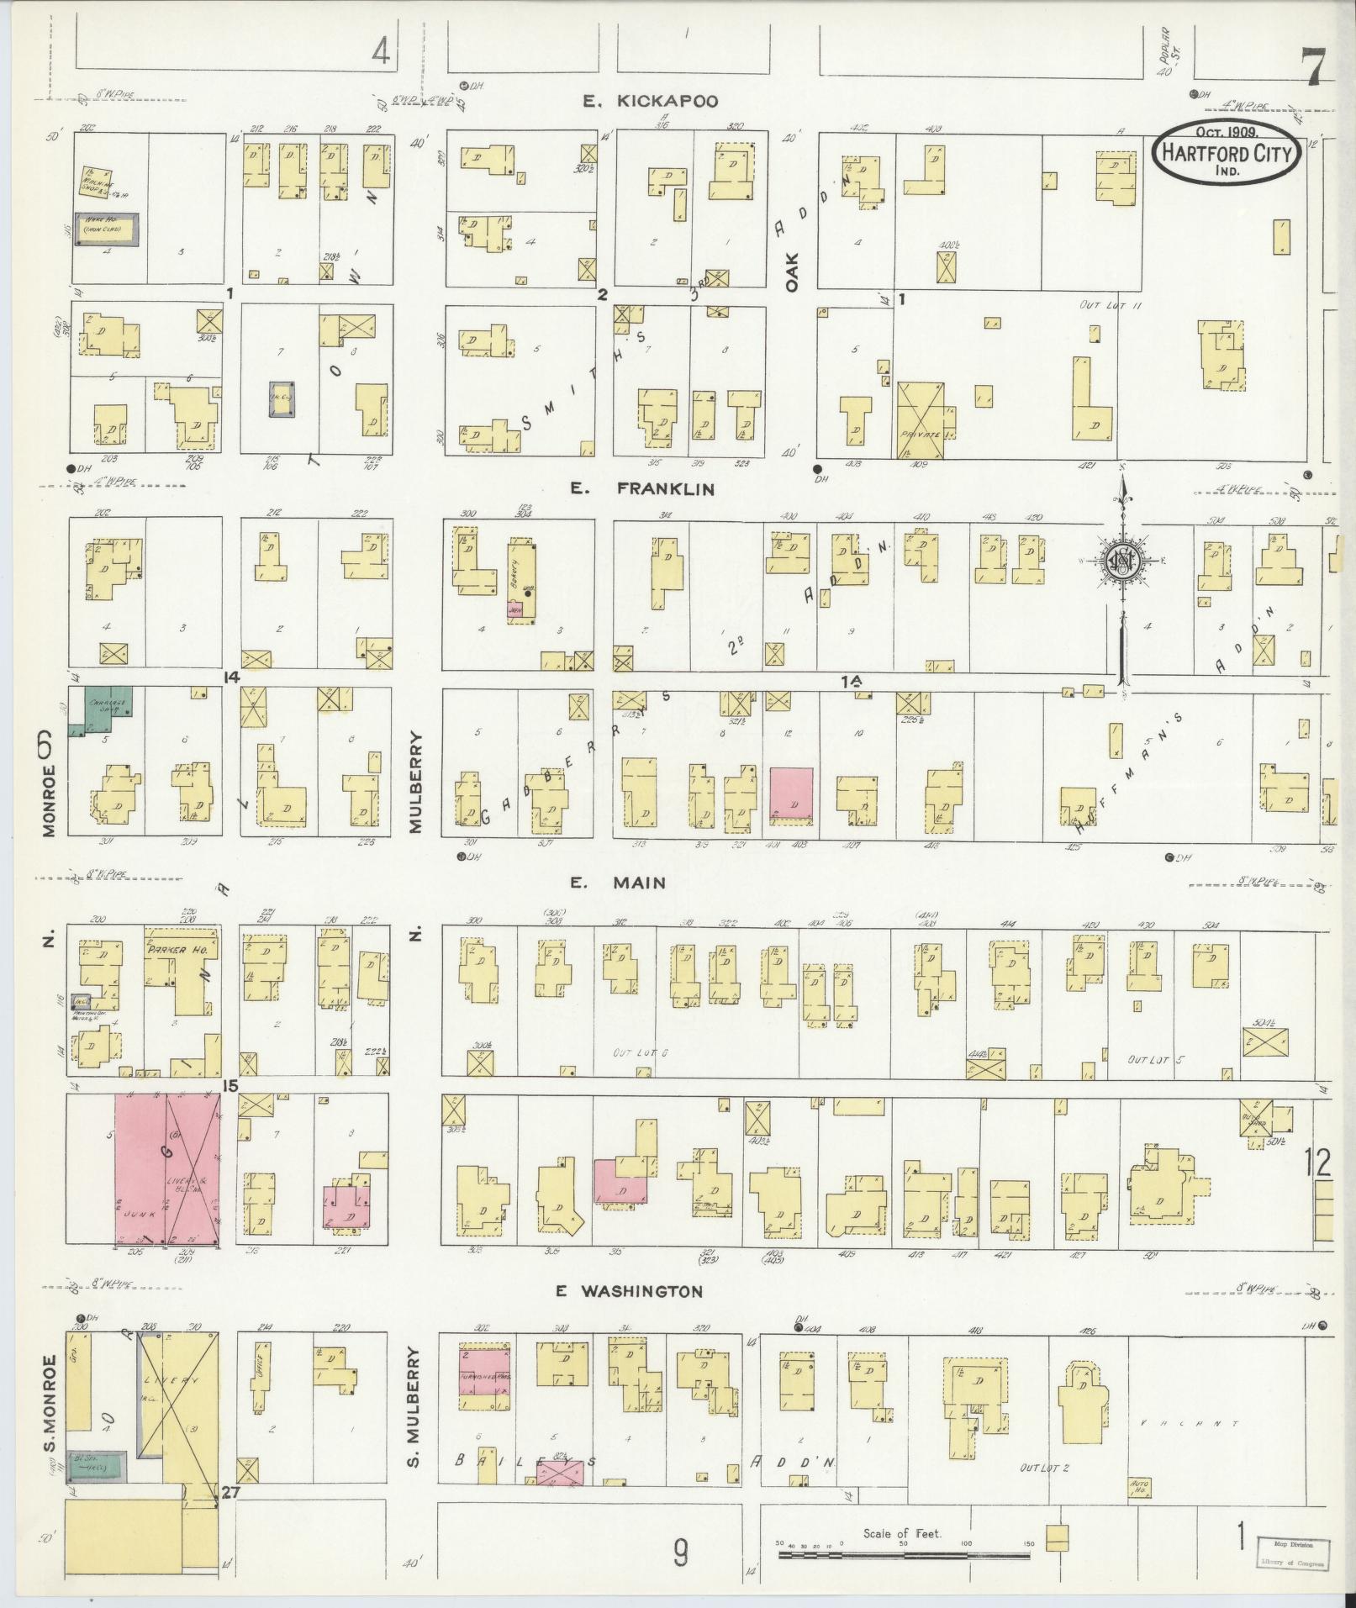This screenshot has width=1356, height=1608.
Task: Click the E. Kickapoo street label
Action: [x=652, y=102]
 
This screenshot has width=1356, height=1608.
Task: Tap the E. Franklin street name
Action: [x=642, y=488]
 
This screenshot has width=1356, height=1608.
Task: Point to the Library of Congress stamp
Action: [x=1293, y=1553]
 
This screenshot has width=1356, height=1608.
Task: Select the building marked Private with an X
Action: [x=921, y=420]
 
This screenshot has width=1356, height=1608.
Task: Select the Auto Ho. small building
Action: [x=1141, y=1488]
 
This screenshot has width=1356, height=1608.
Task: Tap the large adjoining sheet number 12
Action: [x=1317, y=1163]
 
